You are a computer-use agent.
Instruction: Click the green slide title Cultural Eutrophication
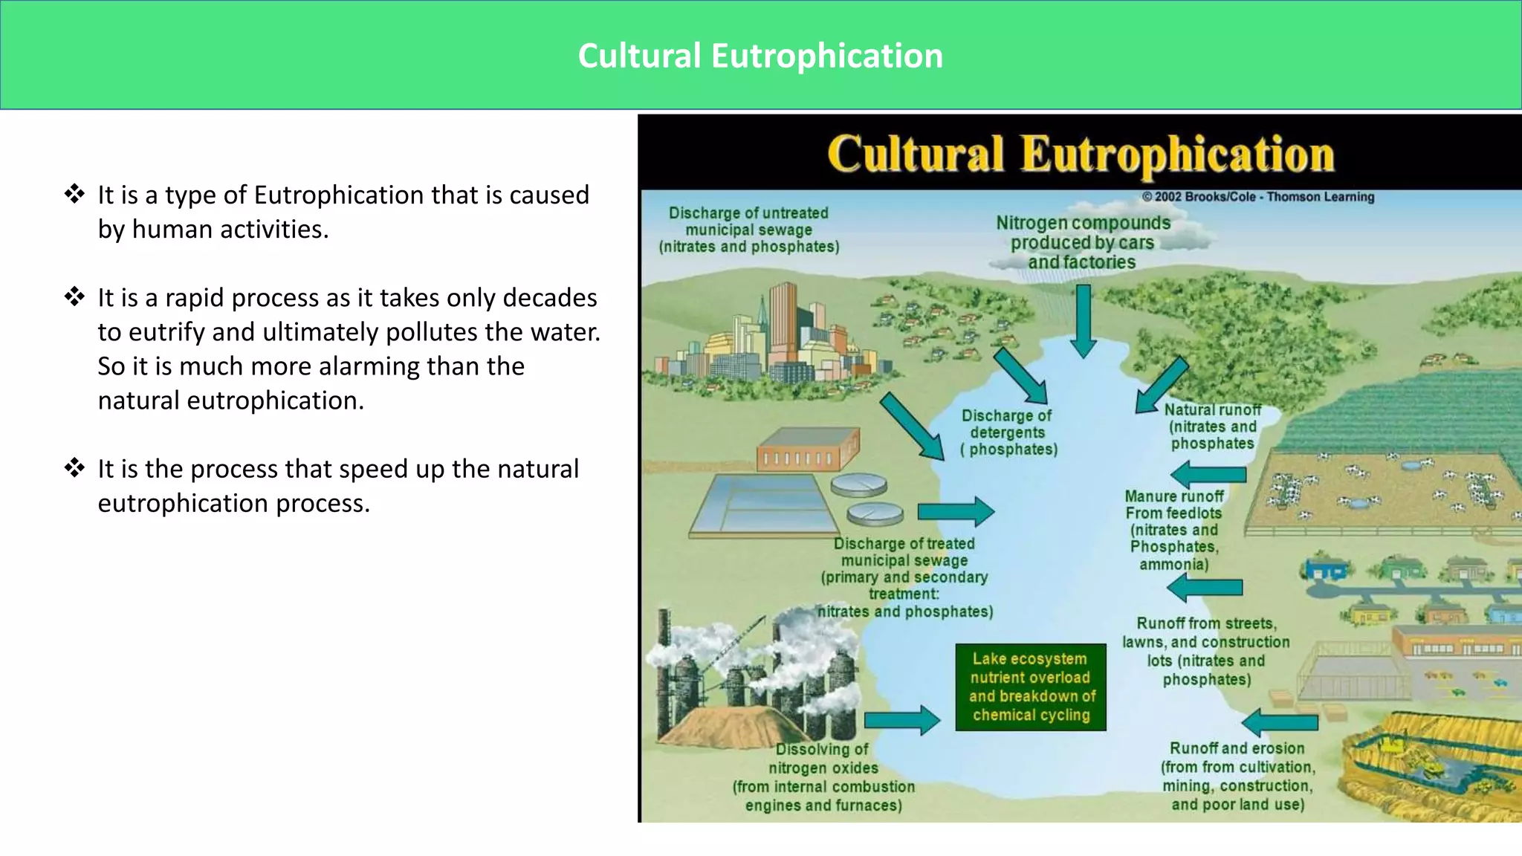760,56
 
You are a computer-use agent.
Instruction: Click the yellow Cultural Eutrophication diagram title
1081,155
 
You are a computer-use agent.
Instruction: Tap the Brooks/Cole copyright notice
1257,197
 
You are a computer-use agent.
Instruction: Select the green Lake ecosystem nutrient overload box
1030,687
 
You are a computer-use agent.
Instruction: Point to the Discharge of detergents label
1008,432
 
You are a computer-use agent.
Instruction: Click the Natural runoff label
1212,427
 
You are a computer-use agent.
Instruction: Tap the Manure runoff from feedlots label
1173,530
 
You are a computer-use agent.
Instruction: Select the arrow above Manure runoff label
1208,475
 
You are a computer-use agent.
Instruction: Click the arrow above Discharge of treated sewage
956,511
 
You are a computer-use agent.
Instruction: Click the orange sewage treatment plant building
808,450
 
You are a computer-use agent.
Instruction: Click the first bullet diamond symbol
74,194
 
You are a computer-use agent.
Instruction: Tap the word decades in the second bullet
549,297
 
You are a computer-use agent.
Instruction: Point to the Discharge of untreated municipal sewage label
748,230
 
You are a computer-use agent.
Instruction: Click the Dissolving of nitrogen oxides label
823,776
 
